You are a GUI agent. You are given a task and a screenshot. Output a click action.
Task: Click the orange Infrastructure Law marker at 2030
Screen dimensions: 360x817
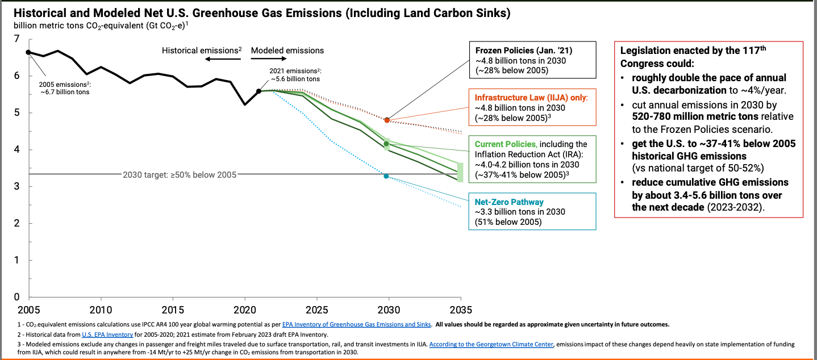pyautogui.click(x=387, y=120)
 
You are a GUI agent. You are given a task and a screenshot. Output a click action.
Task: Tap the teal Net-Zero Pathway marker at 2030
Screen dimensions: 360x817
pyautogui.click(x=386, y=176)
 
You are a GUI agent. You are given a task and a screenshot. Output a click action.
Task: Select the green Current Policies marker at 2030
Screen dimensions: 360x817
pyautogui.click(x=386, y=144)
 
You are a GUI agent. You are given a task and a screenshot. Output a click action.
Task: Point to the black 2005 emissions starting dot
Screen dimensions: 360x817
pyautogui.click(x=28, y=52)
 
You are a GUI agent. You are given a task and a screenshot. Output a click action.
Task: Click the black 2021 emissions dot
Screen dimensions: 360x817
pyautogui.click(x=259, y=91)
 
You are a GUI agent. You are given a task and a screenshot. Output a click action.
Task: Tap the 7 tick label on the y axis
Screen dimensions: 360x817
pyautogui.click(x=17, y=39)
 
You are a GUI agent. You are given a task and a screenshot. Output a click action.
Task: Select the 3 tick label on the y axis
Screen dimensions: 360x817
pyautogui.click(x=17, y=186)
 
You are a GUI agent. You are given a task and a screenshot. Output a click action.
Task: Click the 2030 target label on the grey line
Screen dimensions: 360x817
pyautogui.click(x=180, y=174)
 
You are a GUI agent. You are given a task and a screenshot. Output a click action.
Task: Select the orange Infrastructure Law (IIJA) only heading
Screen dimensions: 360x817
pyautogui.click(x=531, y=98)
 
